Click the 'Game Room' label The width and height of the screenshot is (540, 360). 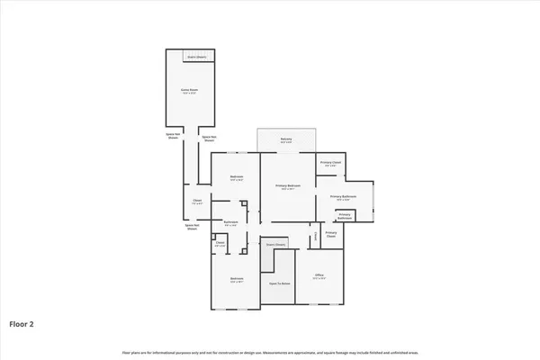(x=189, y=89)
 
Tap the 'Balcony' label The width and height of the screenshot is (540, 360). (x=286, y=140)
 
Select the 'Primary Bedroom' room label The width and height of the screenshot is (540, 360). (x=288, y=185)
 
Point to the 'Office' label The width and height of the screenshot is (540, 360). (x=318, y=275)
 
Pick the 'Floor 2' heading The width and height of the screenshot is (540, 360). (x=22, y=321)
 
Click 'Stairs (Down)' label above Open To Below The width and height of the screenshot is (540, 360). (x=274, y=244)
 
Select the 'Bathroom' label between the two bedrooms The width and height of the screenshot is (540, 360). (x=230, y=222)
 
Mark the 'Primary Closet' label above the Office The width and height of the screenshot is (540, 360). (x=330, y=234)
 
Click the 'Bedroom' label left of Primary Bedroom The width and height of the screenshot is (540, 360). (x=236, y=176)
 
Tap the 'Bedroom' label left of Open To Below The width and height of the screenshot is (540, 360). (x=236, y=279)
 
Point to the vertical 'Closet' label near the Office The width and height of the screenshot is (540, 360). (x=314, y=237)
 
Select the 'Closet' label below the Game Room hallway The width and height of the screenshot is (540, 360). (x=197, y=201)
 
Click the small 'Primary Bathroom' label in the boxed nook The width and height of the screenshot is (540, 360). (x=344, y=215)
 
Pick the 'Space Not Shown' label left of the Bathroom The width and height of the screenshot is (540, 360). (x=192, y=228)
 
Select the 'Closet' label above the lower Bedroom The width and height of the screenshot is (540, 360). (x=220, y=243)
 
